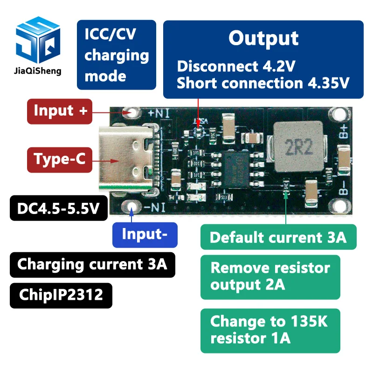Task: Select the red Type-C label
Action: tap(59, 159)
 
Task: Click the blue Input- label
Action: tap(145, 234)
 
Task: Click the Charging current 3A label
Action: tap(92, 264)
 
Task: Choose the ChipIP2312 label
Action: tap(61, 295)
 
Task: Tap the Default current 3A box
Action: tap(278, 237)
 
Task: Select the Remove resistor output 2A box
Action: tap(270, 276)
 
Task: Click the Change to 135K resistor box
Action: tap(270, 330)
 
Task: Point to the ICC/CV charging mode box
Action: tap(116, 55)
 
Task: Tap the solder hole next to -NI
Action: tap(131, 208)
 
